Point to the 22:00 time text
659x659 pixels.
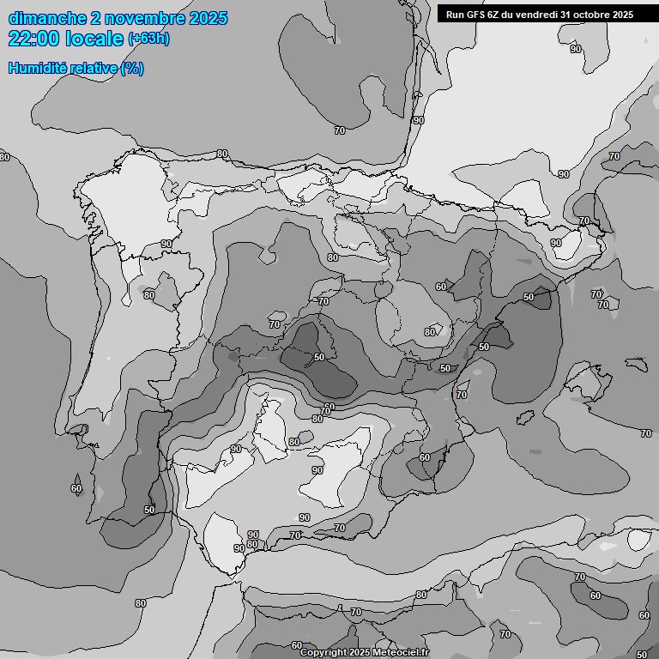pyautogui.click(x=33, y=38)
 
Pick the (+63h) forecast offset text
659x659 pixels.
pyautogui.click(x=148, y=39)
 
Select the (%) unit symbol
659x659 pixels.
pyautogui.click(x=132, y=68)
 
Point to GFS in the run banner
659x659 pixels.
pyautogui.click(x=477, y=14)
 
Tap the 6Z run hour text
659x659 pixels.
pyautogui.click(x=495, y=14)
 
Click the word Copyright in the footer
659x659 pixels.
pyautogui.click(x=322, y=653)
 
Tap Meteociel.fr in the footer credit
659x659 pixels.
pyautogui.click(x=401, y=653)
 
